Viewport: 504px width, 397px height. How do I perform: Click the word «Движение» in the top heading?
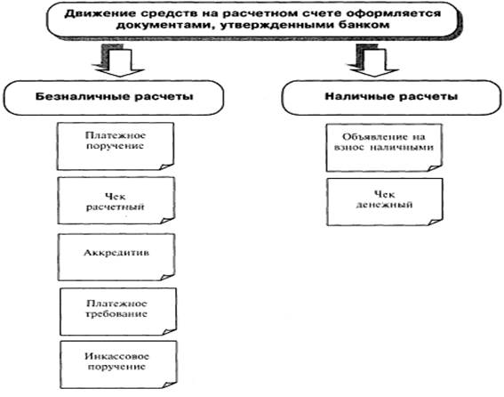click(89, 14)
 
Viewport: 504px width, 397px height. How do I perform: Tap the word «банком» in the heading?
click(367, 25)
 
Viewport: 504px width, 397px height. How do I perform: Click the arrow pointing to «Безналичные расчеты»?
click(118, 61)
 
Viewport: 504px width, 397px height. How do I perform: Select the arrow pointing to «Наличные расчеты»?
click(372, 61)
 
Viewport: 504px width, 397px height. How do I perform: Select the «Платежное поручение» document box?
click(116, 146)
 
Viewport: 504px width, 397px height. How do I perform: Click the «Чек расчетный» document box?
click(116, 200)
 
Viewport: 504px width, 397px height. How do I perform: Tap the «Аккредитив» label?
click(116, 253)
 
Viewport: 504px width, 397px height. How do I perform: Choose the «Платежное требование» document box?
click(118, 312)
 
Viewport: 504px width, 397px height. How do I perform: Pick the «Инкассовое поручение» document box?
click(118, 364)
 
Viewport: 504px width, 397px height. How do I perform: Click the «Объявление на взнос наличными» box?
click(384, 148)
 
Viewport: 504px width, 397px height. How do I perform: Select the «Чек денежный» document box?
click(385, 202)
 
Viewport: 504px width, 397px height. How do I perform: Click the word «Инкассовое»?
click(117, 356)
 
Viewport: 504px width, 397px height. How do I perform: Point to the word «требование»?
click(116, 313)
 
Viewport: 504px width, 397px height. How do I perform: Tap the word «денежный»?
click(384, 205)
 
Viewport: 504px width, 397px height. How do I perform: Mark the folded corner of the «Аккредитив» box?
click(168, 277)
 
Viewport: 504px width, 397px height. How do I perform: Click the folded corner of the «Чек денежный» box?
click(436, 222)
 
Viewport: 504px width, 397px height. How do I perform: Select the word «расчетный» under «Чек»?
click(115, 207)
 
